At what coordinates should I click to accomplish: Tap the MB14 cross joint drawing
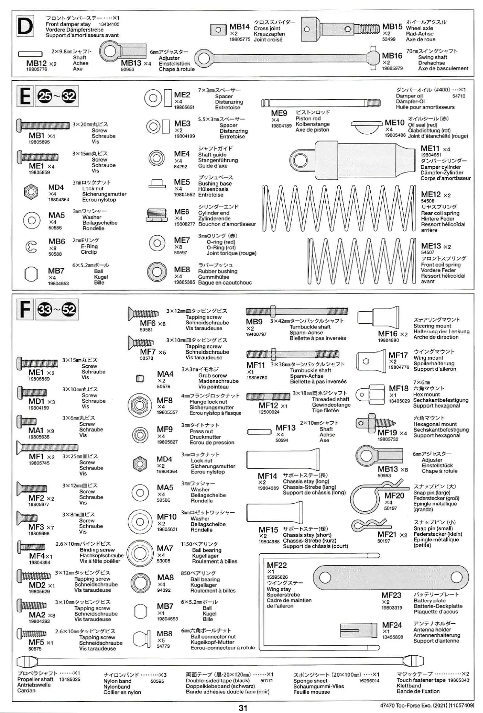click(x=218, y=30)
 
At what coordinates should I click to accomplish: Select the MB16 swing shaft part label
click(x=392, y=56)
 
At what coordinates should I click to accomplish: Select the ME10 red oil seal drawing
click(x=366, y=126)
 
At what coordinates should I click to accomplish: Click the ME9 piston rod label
click(x=279, y=114)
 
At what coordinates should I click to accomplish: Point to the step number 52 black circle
click(x=69, y=310)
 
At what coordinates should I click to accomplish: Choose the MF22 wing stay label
click(x=277, y=566)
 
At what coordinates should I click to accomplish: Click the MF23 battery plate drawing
click(x=388, y=577)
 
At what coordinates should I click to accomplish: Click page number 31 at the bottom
click(x=243, y=707)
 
